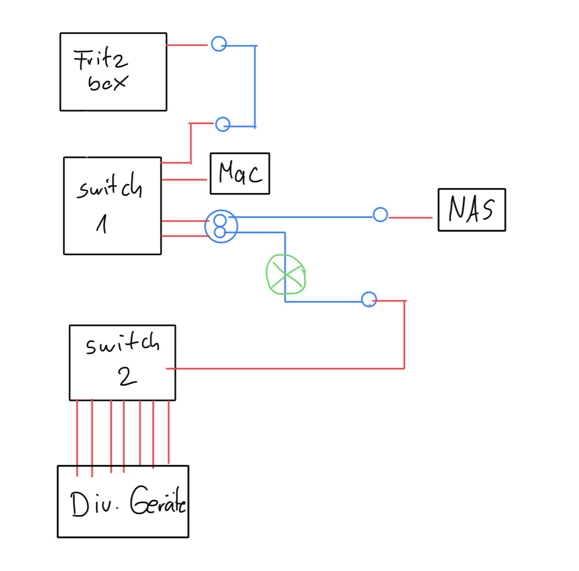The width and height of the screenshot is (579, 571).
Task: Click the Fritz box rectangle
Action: point(113,71)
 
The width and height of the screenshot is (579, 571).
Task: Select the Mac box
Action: point(240,173)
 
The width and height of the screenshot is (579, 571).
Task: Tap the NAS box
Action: point(471,210)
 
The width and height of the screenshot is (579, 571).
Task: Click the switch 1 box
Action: point(112,205)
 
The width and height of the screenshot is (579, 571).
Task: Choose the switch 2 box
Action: point(122,362)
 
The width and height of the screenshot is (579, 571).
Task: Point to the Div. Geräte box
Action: point(123,501)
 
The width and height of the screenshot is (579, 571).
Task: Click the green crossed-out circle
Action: point(286,274)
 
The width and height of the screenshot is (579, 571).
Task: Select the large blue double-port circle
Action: point(221,226)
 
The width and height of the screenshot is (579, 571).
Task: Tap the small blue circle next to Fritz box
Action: point(219,44)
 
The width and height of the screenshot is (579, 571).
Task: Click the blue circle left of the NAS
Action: point(380,214)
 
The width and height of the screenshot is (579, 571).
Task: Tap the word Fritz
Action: point(101,59)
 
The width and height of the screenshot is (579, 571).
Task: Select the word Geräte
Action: point(158,500)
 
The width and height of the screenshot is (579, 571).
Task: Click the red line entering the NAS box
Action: point(411,218)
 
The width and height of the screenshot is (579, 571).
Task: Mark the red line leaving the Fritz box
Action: point(187,45)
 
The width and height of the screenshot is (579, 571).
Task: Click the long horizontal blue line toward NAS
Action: point(304,217)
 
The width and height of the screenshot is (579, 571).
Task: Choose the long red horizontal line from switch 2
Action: point(285,369)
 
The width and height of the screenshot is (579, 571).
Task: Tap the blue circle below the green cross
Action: point(369,300)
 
